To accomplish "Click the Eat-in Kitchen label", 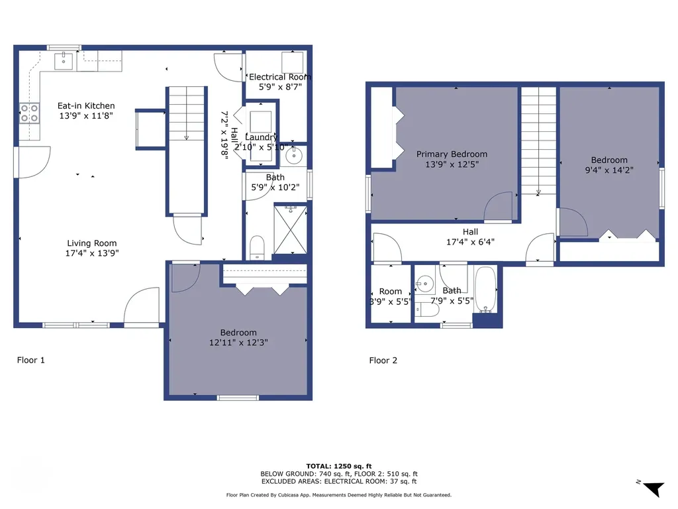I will [x=86, y=105].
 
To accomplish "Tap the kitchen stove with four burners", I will [x=29, y=113].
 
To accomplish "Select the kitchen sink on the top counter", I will [x=64, y=61].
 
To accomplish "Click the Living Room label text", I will [x=91, y=243].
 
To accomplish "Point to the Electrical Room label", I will [x=279, y=77].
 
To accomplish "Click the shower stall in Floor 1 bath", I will [x=290, y=229].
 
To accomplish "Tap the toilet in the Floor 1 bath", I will [x=258, y=248].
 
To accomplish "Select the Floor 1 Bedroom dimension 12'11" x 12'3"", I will [x=238, y=343].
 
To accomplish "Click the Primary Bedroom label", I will [x=452, y=154].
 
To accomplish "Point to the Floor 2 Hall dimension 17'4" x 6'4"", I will [x=470, y=242].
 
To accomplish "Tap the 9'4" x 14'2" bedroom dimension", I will [x=609, y=170].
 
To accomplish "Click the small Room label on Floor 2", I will [x=391, y=292].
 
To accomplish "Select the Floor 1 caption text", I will [x=30, y=361].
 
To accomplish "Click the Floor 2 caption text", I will [x=383, y=361].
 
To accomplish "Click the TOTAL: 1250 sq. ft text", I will [x=338, y=466].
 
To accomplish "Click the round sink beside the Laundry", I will [x=295, y=156].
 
